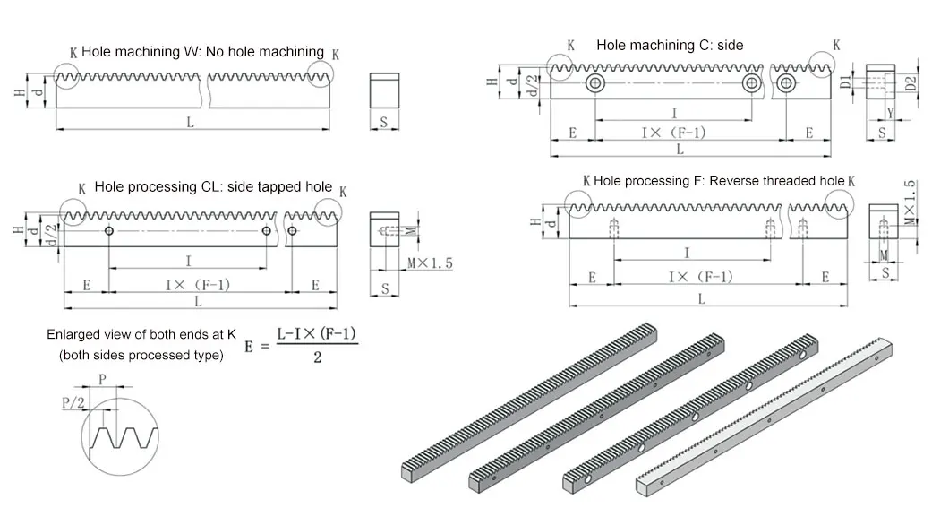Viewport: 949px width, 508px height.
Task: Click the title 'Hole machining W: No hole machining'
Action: pos(202,51)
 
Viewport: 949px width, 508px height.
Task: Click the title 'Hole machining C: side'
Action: pos(670,45)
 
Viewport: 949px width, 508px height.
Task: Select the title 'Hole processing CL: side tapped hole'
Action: pos(213,187)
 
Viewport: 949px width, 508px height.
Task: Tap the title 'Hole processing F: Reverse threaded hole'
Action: pos(718,181)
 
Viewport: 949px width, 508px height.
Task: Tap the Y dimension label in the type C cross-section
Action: pos(889,113)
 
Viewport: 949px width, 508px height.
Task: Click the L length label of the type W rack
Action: pos(190,123)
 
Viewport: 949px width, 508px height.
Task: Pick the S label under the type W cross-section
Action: pos(383,123)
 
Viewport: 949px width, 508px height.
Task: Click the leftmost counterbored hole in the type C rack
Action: pos(594,84)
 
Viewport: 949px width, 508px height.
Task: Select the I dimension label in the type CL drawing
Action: pos(187,261)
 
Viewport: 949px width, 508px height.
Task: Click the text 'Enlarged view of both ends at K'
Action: pos(141,334)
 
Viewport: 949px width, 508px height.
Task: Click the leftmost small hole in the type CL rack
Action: pos(108,231)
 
